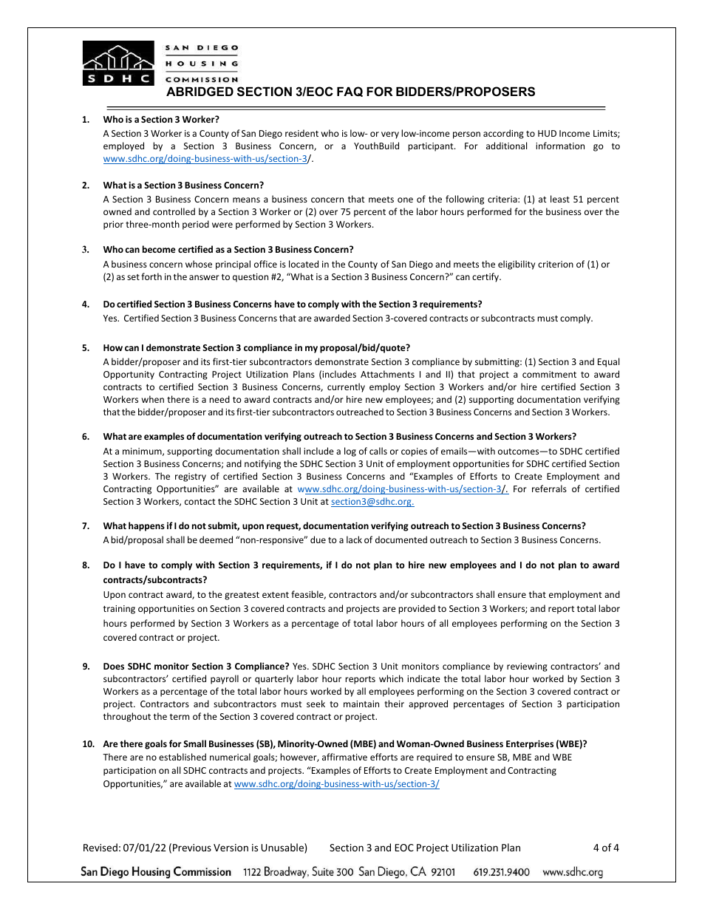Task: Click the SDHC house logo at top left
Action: pyautogui.click(x=118, y=64)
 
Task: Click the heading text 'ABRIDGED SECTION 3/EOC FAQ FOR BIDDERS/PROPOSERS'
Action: pyautogui.click(x=350, y=92)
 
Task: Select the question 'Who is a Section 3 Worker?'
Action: pyautogui.click(x=161, y=119)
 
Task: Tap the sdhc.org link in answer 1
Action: pyautogui.click(x=205, y=159)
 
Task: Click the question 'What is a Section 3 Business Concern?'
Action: pyautogui.click(x=183, y=185)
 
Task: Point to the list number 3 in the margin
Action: pyautogui.click(x=86, y=249)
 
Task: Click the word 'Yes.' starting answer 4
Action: pyautogui.click(x=112, y=319)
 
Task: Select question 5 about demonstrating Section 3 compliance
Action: pyautogui.click(x=256, y=347)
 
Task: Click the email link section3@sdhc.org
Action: pyautogui.click(x=372, y=502)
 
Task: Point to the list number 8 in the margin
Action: pyautogui.click(x=86, y=565)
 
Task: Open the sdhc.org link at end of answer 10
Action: pyautogui.click(x=336, y=784)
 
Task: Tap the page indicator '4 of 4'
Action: pyautogui.click(x=606, y=848)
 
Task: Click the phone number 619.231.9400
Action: pyautogui.click(x=501, y=872)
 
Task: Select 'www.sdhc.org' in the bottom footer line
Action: pyautogui.click(x=573, y=872)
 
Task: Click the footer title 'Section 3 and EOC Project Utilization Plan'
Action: pyautogui.click(x=425, y=848)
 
